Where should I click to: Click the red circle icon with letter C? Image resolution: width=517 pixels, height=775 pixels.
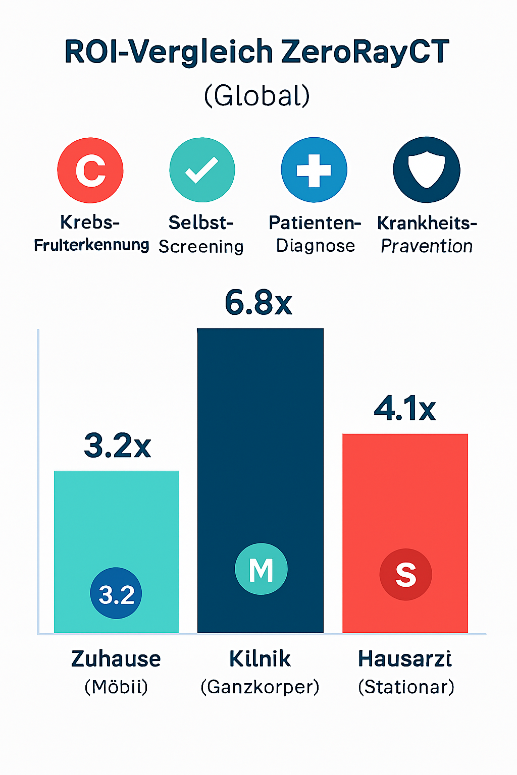point(90,170)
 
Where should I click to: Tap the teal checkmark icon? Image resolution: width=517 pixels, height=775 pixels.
point(202,170)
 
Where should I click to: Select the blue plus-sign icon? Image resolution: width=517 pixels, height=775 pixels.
point(314,170)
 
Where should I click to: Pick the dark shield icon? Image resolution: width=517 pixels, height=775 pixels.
point(427,170)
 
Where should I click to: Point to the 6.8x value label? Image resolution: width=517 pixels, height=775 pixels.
point(258,303)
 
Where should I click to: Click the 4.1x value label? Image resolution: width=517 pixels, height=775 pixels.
point(405,409)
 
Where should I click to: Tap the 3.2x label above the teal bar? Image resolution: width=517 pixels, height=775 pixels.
point(117,446)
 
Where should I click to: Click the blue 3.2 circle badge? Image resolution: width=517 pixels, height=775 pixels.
point(116,594)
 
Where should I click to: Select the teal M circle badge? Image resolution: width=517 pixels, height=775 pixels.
point(261,569)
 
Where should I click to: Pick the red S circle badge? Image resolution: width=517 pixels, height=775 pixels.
point(405,575)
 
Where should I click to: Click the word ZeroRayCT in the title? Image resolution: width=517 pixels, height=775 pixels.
point(365,51)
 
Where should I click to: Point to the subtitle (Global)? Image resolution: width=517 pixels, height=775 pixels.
point(257,95)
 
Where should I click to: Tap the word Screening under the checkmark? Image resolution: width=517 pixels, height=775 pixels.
point(201,246)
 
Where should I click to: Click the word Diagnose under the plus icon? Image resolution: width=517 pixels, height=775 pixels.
point(316,246)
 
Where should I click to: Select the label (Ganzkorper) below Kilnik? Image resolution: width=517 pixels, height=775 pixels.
point(260,687)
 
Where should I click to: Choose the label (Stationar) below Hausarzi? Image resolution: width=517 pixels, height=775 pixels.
point(406,687)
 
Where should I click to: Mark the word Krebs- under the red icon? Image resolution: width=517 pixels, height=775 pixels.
point(90,222)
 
